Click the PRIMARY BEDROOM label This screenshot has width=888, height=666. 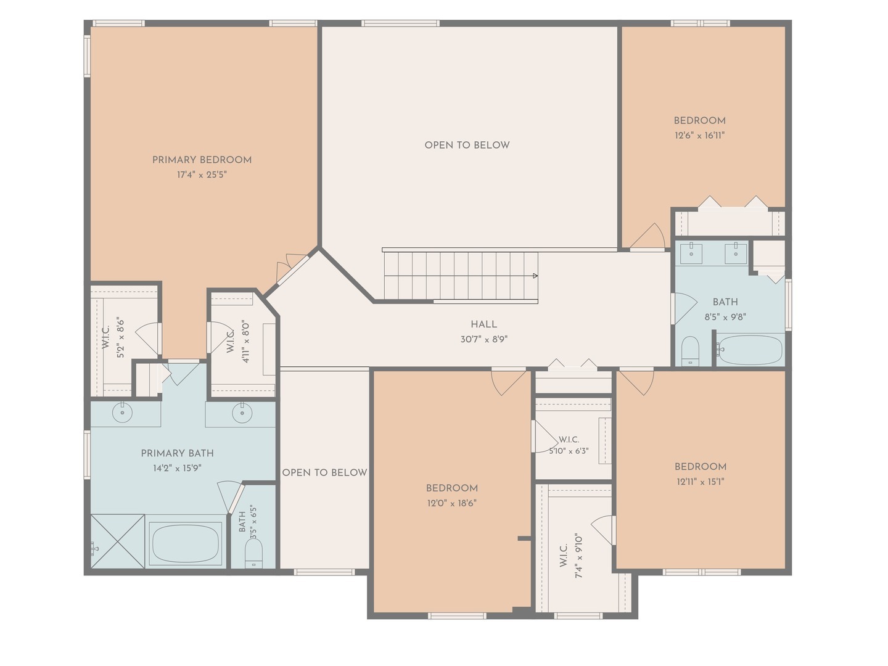coord(202,160)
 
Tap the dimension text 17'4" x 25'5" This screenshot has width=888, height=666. coord(202,175)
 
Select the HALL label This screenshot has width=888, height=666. coord(484,324)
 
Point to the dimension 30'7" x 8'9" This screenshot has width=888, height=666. coord(484,339)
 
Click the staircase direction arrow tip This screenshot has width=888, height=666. coord(537,276)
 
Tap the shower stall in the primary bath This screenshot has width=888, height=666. coord(117,541)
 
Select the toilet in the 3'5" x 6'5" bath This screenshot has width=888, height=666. coord(253,553)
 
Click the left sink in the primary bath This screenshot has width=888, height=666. coord(122,413)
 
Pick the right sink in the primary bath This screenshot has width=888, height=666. coord(242,413)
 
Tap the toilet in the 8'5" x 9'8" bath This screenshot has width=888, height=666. coord(690,351)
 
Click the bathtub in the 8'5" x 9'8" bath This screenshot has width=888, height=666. coord(750,350)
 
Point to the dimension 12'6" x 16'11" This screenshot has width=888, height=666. coord(699,136)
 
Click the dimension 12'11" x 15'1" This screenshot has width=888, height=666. coord(701,482)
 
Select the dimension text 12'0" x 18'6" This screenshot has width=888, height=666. coord(452,503)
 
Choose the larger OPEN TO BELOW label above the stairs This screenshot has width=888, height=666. coord(467,145)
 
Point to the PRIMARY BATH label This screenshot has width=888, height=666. coord(177,453)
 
